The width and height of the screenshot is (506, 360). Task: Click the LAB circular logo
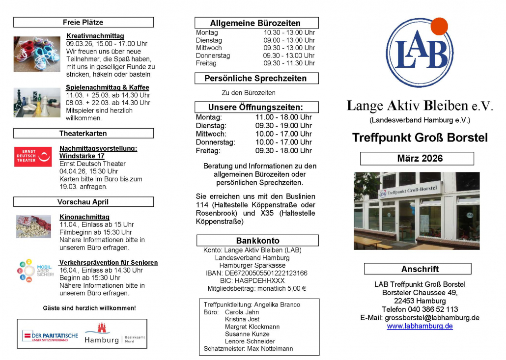click(x=419, y=53)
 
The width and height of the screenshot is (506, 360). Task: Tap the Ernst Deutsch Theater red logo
click(x=33, y=157)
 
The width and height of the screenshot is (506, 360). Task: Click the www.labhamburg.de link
click(x=420, y=326)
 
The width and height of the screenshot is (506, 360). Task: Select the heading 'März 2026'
click(x=417, y=159)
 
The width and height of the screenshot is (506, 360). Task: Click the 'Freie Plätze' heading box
click(x=83, y=22)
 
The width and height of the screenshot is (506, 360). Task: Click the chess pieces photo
click(x=37, y=103)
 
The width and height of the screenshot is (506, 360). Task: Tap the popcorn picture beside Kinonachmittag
click(x=33, y=226)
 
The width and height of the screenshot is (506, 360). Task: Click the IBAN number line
click(x=256, y=273)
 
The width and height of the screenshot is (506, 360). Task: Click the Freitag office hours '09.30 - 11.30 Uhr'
click(x=289, y=63)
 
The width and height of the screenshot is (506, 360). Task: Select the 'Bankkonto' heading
click(x=257, y=241)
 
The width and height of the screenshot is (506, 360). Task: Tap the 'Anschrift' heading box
click(x=420, y=269)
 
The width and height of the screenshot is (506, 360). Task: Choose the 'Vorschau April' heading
click(x=83, y=202)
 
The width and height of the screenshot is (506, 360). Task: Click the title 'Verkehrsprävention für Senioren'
click(x=109, y=263)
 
